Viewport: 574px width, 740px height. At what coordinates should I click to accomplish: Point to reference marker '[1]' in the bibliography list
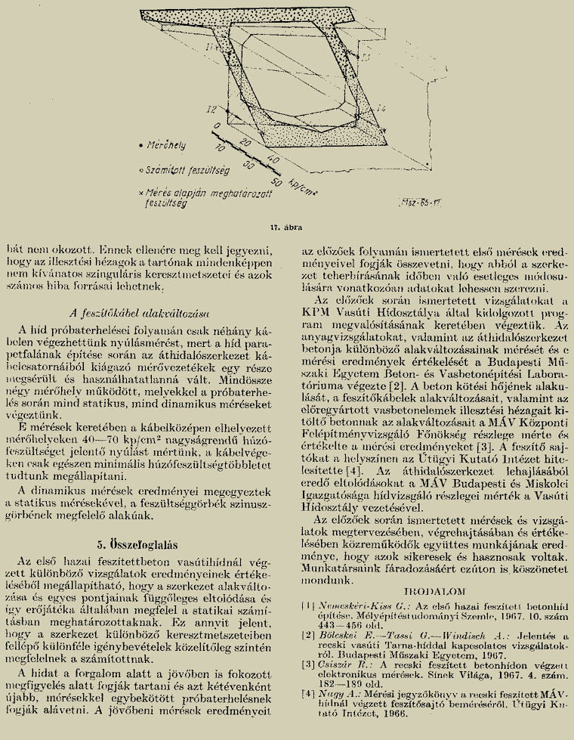pos(307,605)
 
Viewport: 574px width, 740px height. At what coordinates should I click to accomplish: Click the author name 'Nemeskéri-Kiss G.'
pos(356,605)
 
